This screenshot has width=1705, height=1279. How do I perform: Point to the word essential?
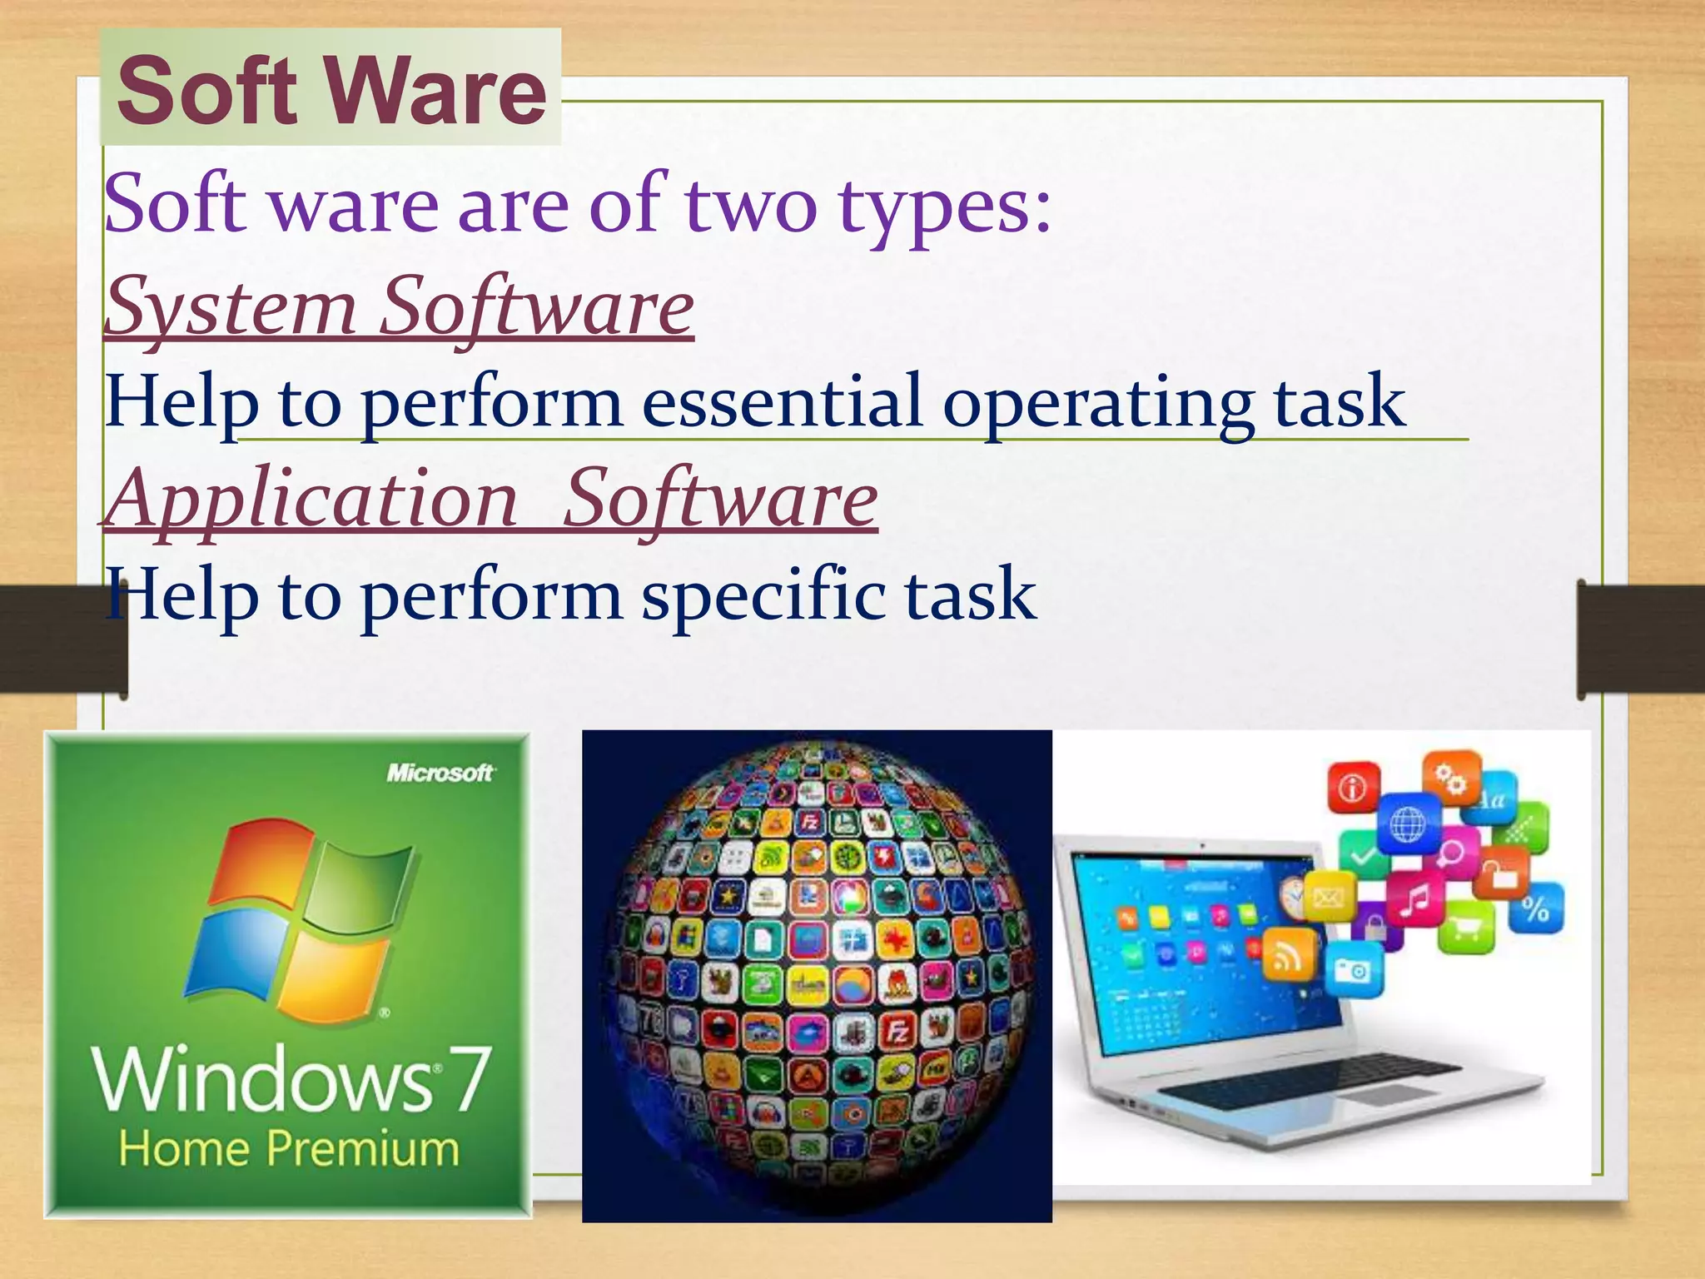(782, 401)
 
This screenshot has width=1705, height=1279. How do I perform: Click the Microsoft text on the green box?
(440, 774)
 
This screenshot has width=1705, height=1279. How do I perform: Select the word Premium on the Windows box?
(363, 1149)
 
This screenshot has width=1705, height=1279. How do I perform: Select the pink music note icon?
(1414, 899)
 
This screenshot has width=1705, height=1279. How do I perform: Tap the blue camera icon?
(1353, 970)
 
